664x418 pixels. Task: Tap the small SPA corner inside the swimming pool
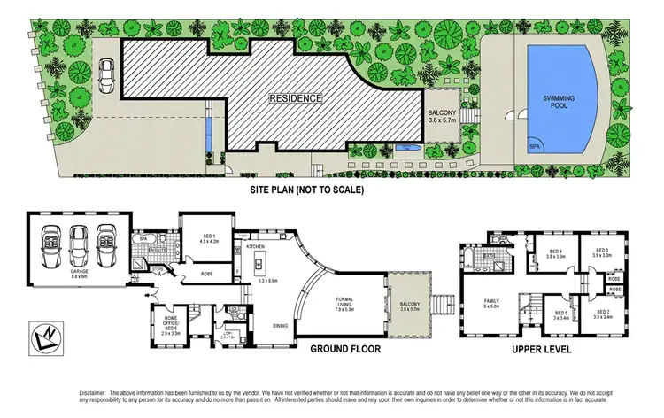pyautogui.click(x=536, y=145)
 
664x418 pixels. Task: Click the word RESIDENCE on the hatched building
pyautogui.click(x=297, y=98)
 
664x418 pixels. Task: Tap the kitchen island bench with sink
pyautogui.click(x=261, y=263)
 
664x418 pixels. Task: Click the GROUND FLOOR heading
pyautogui.click(x=345, y=350)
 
